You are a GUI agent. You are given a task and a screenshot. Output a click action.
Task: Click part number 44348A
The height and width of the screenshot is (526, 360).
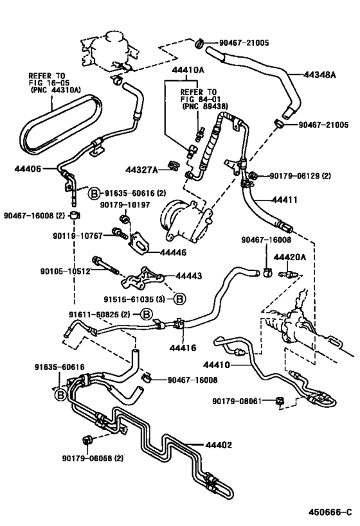coord(319,75)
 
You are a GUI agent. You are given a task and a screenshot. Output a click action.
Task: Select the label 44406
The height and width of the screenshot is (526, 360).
coord(28,168)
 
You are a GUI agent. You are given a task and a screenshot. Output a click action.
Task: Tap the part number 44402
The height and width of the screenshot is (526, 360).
coord(219,445)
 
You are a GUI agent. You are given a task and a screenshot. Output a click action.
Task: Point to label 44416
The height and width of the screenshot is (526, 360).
coord(183,348)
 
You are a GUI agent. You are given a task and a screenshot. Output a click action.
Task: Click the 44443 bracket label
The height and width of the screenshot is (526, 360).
coord(189,276)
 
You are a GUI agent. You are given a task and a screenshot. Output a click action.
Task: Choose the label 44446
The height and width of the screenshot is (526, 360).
coord(173,252)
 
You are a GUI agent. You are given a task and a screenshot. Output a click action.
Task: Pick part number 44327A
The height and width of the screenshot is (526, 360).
coord(141,170)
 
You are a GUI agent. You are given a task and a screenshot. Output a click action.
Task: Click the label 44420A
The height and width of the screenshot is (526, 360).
coord(289,258)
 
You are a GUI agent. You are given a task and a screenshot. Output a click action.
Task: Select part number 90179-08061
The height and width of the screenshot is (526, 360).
coord(237,401)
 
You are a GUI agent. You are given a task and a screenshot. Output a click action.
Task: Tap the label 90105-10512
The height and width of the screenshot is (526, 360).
coord(66,271)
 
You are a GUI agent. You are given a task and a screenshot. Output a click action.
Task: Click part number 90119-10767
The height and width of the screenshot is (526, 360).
coord(78,236)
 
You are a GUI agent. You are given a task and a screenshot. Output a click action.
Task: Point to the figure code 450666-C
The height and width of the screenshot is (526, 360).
coord(330,513)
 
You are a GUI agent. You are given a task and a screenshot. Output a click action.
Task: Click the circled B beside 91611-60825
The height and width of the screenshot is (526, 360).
coord(146,314)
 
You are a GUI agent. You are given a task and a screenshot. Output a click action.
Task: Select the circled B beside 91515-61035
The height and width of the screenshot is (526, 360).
coord(179,299)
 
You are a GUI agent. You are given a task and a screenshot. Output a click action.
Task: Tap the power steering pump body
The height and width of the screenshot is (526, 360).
coord(185,220)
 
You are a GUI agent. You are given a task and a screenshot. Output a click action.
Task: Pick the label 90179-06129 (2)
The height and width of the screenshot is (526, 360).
coord(300,176)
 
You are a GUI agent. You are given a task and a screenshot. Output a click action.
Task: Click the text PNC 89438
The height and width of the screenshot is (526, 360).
coord(205,107)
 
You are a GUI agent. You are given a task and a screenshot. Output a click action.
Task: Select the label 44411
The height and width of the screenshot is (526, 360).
coord(284,200)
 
